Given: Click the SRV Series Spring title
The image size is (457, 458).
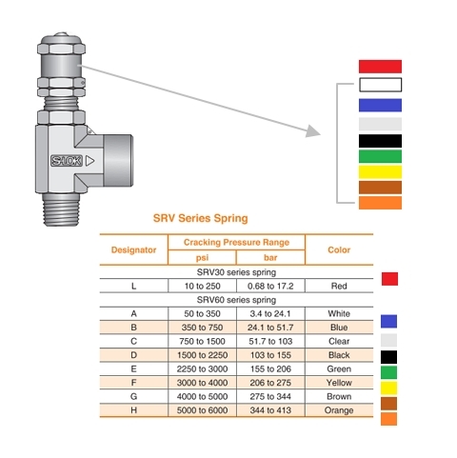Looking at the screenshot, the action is pyautogui.click(x=200, y=218).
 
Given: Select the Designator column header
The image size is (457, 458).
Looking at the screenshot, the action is pyautogui.click(x=133, y=250).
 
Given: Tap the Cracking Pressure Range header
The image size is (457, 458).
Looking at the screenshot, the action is pyautogui.click(x=236, y=243).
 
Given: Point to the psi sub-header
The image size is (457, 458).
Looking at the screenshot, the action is pyautogui.click(x=202, y=258).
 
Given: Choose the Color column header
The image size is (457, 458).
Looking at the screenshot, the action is pyautogui.click(x=339, y=250).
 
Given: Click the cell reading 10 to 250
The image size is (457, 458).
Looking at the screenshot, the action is pyautogui.click(x=202, y=286).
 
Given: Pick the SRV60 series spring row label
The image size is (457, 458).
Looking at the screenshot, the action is pyautogui.click(x=236, y=300).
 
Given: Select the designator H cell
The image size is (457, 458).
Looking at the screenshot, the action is pyautogui.click(x=133, y=410).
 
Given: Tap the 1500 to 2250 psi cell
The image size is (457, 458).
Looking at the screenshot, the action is pyautogui.click(x=202, y=355).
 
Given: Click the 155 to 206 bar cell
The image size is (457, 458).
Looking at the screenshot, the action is pyautogui.click(x=270, y=369).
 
